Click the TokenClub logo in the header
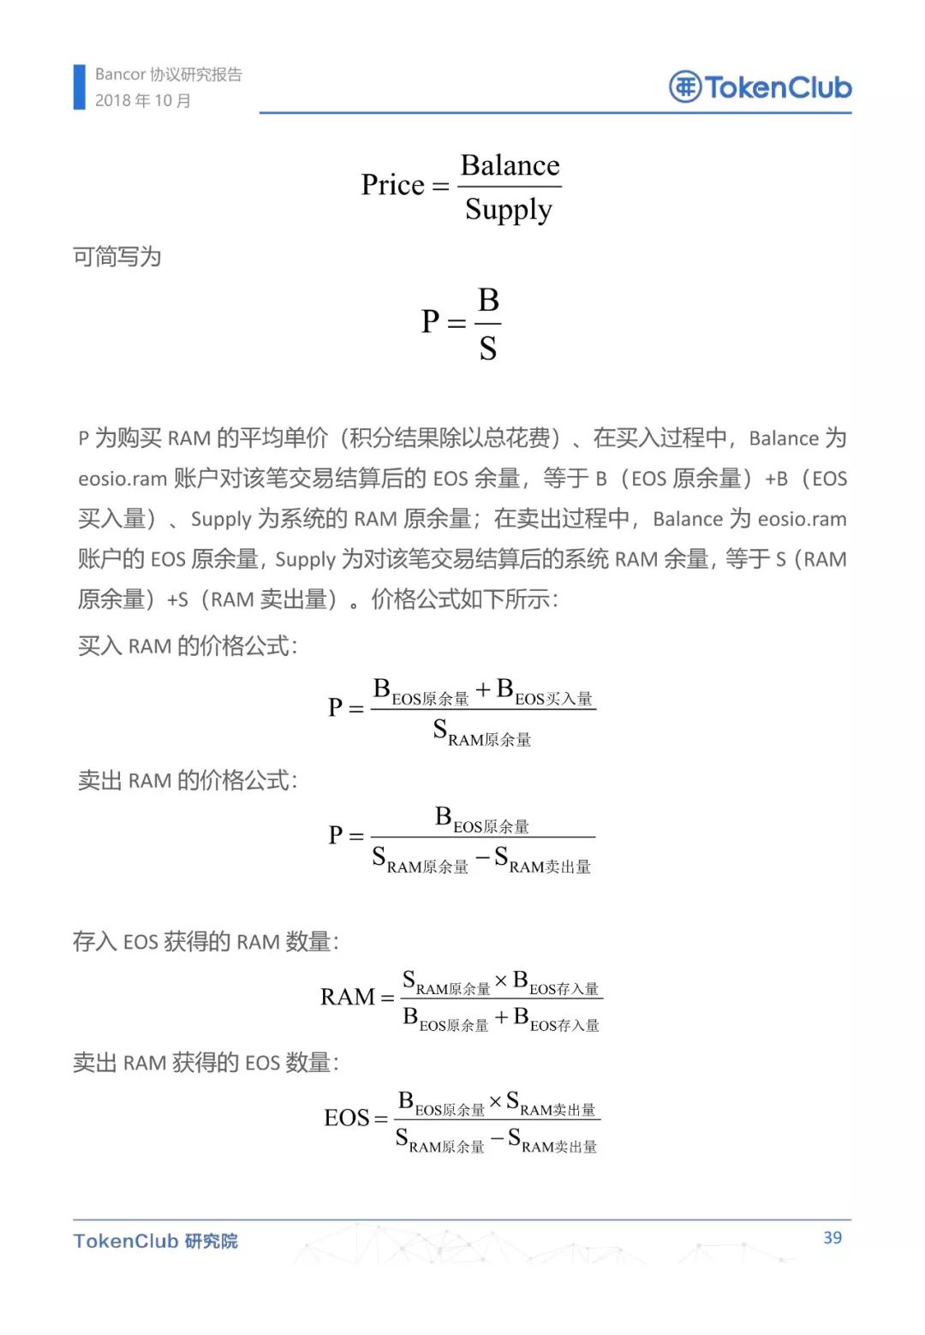(760, 87)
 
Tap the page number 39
(832, 1237)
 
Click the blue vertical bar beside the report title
(80, 87)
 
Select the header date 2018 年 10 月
(143, 101)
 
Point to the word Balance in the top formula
(510, 165)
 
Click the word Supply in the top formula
(509, 210)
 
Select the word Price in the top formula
(393, 185)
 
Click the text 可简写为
(117, 257)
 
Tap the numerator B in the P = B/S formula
(488, 301)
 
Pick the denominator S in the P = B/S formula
(488, 349)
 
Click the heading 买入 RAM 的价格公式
(188, 646)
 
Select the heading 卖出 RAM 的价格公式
(188, 780)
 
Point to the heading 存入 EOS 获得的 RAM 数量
(206, 942)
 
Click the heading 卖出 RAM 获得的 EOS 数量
(206, 1063)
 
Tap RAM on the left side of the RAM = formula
(348, 997)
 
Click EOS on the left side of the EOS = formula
(347, 1117)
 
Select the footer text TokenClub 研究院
(155, 1241)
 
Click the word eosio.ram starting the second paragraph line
(122, 479)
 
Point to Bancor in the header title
(121, 74)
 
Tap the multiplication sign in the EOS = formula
(495, 1101)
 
